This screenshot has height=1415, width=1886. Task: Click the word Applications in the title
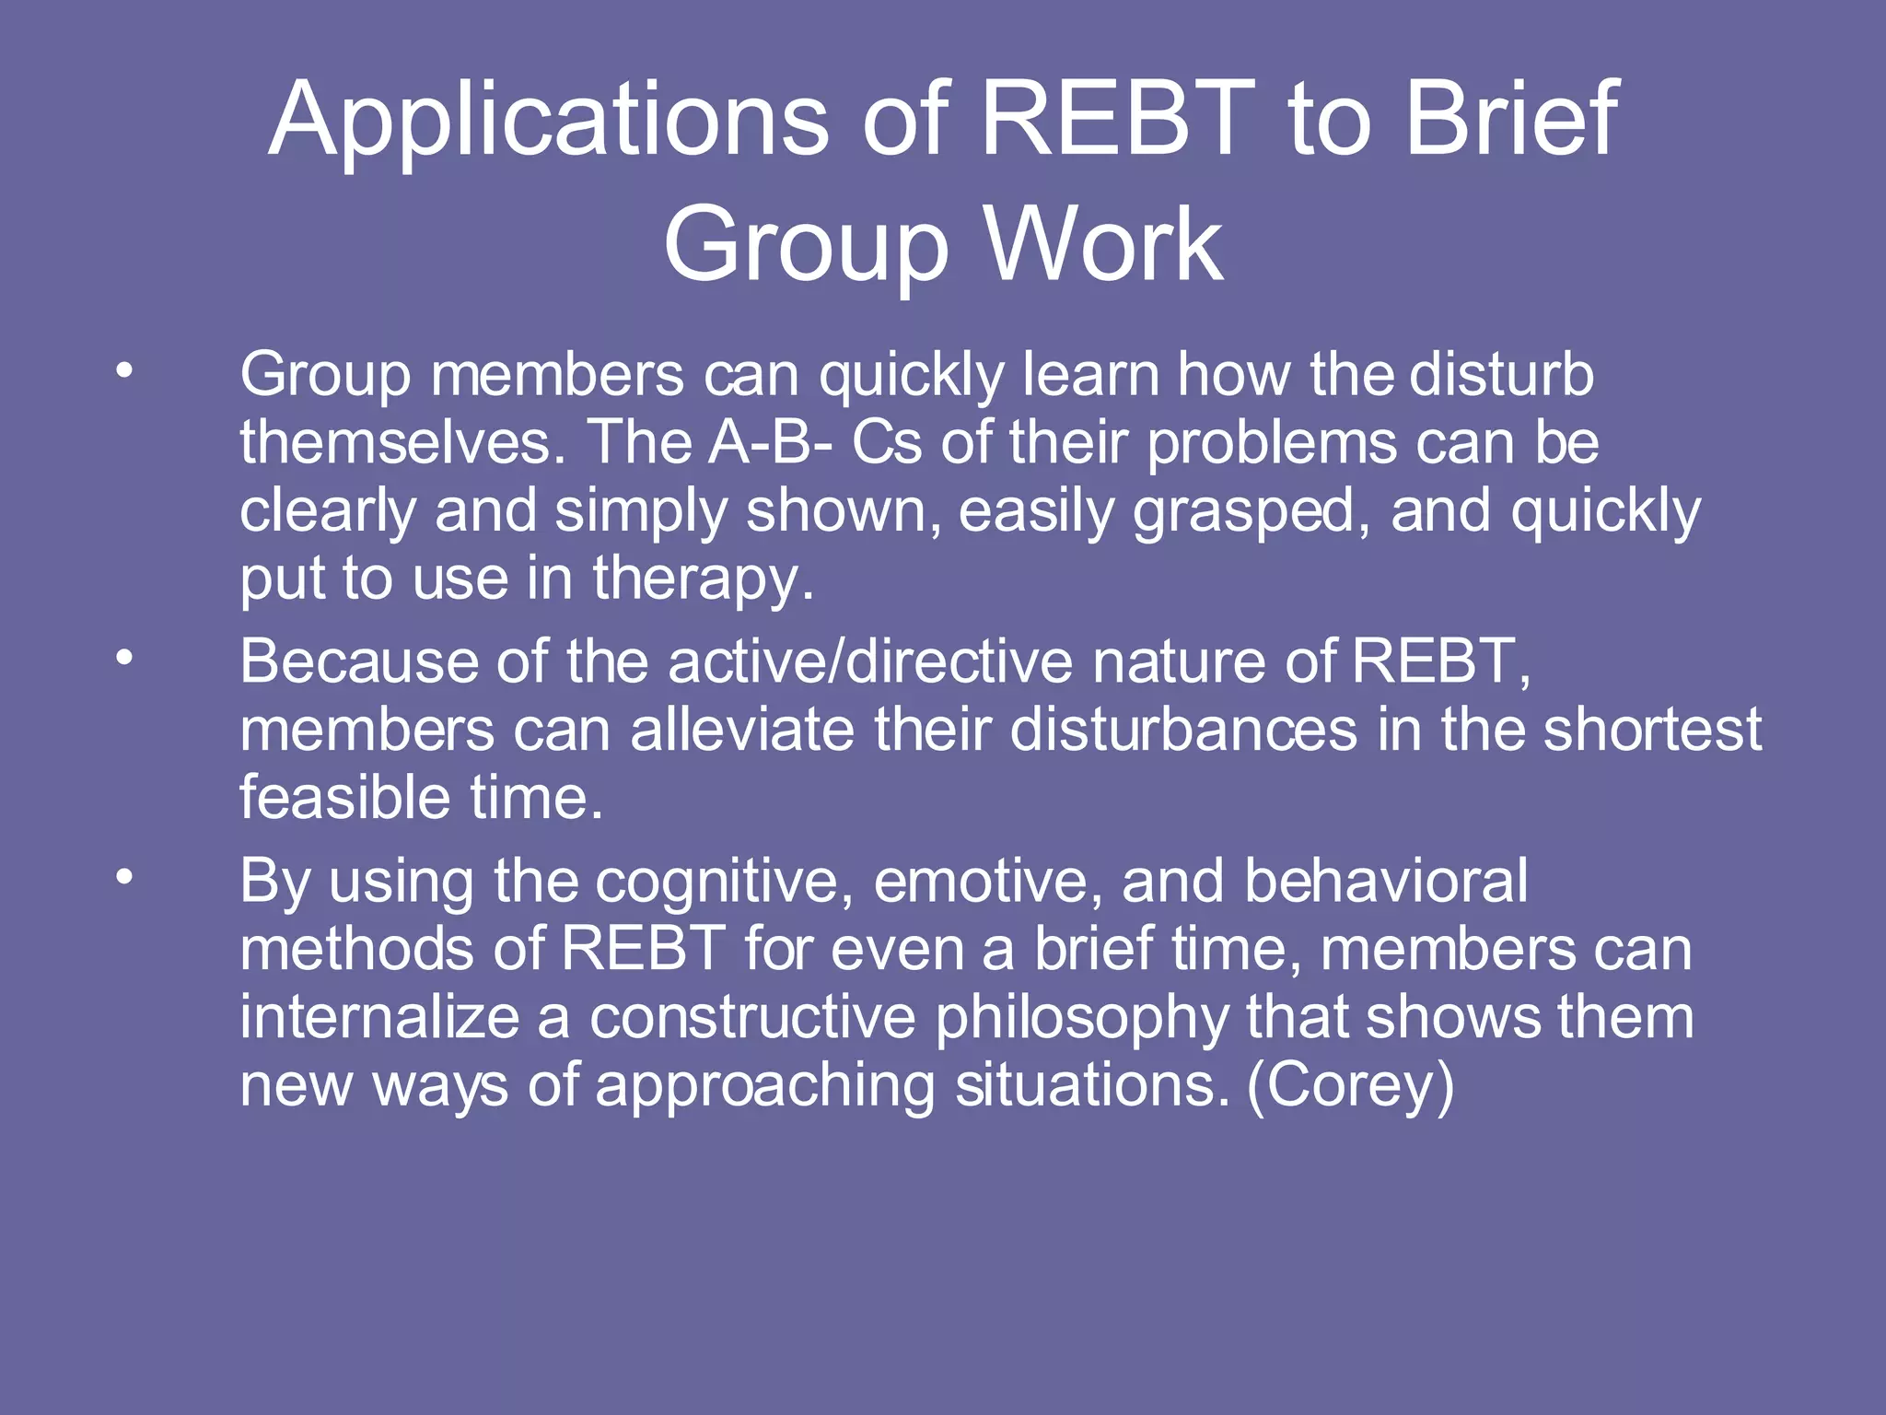tap(549, 120)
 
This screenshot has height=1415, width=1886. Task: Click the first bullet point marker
tap(124, 371)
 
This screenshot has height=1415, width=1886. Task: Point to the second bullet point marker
tap(124, 658)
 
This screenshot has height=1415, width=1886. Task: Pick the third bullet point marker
tap(124, 877)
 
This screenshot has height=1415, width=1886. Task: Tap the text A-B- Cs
tap(815, 443)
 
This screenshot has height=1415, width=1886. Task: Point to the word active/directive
tap(870, 661)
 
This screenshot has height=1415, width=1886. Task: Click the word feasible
tap(345, 798)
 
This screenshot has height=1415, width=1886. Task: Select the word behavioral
tap(1386, 881)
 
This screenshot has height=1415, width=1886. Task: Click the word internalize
tap(378, 1017)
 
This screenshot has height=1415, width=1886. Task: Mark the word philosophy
tap(1081, 1019)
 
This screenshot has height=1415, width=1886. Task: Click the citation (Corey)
tap(1350, 1086)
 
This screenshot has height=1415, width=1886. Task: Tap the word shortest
tap(1652, 730)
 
